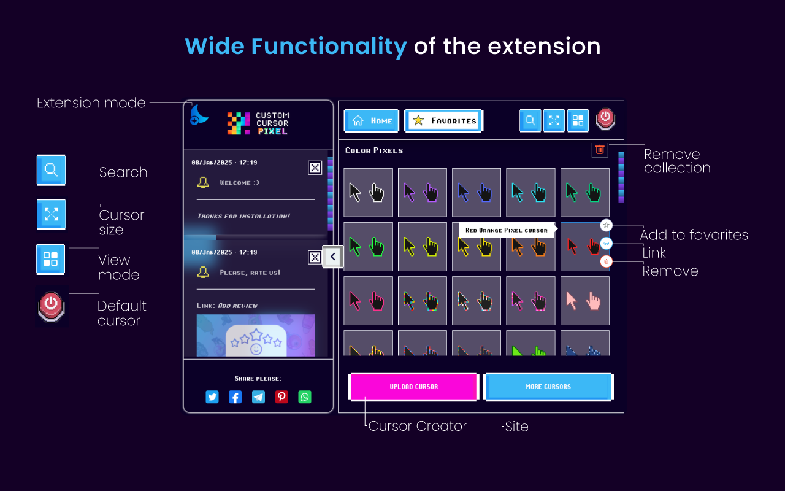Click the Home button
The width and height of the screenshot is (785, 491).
(372, 121)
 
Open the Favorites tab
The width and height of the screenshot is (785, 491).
(444, 121)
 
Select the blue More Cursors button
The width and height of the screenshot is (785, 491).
(548, 387)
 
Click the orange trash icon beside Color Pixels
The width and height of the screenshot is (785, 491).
(600, 149)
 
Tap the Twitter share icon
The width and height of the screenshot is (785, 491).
(212, 397)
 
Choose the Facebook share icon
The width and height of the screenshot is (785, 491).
(235, 397)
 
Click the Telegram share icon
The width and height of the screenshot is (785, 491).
(258, 397)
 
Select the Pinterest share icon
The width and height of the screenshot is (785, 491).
(281, 397)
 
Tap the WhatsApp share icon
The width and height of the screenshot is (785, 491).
(305, 397)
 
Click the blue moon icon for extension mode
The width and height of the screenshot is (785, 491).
(198, 114)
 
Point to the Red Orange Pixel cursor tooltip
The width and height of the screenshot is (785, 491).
(506, 230)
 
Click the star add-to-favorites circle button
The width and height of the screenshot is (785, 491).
(606, 225)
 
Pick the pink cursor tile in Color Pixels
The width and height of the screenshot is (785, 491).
(584, 301)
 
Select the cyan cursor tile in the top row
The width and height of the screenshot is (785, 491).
(530, 193)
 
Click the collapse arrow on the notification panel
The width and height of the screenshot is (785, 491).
(332, 257)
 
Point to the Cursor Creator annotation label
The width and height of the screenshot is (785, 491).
(418, 426)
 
